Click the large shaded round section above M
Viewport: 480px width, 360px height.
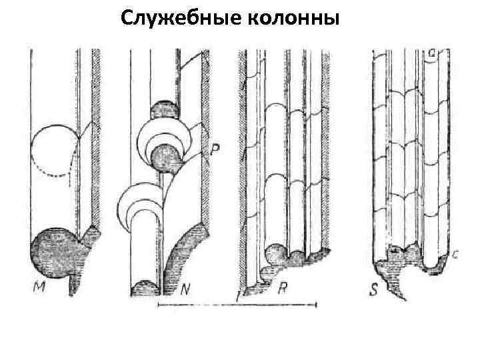click(x=57, y=252)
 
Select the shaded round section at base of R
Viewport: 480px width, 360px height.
click(x=275, y=253)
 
